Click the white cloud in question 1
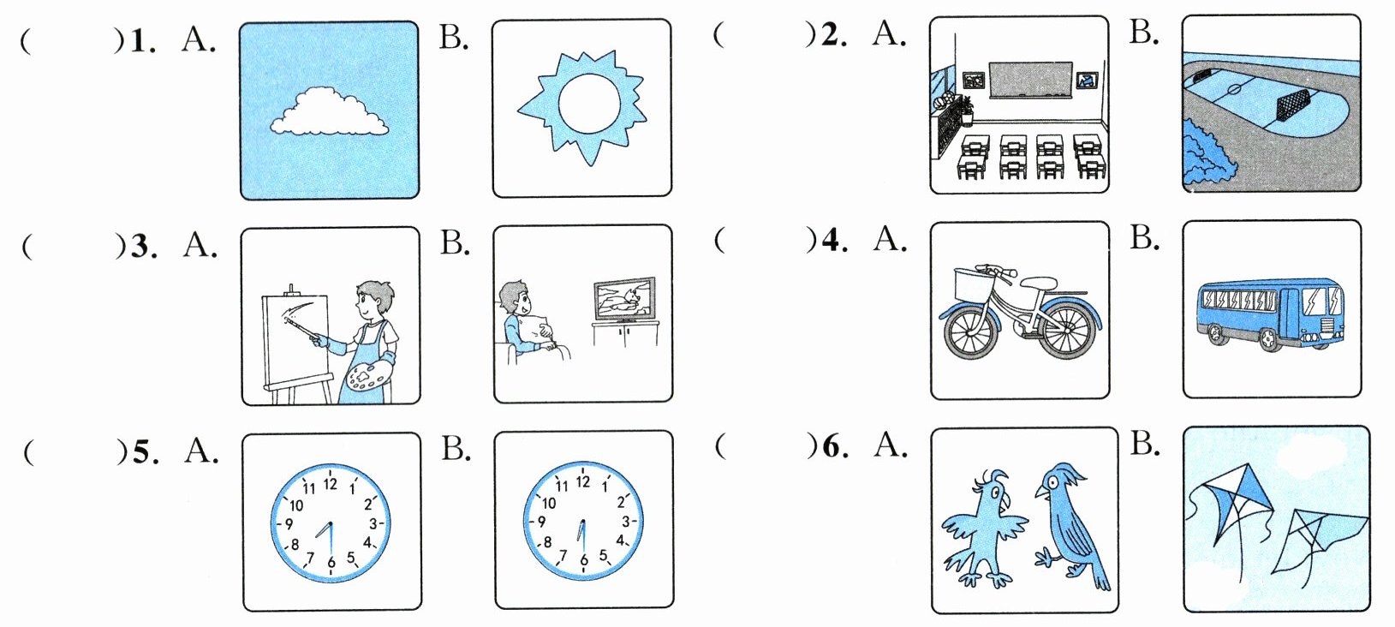[x=329, y=112]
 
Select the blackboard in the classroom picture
[x=1030, y=80]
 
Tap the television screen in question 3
[x=623, y=298]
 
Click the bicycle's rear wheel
[x=1065, y=330]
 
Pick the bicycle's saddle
[x=1038, y=282]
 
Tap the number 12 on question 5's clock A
[x=330, y=484]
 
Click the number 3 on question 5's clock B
[x=626, y=521]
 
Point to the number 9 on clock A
[x=289, y=523]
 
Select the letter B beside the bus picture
[x=1144, y=237]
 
